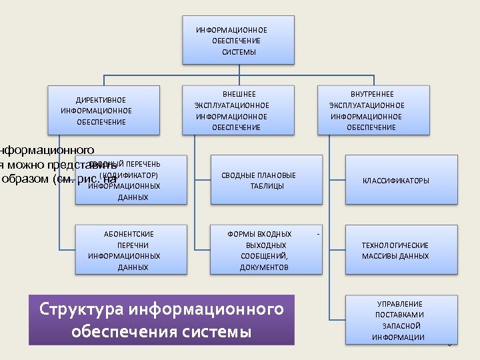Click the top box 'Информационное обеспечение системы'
(x=238, y=40)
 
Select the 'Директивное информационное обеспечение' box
(x=103, y=110)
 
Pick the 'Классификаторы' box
(x=401, y=180)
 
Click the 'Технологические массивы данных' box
(x=401, y=250)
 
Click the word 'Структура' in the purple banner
(x=81, y=309)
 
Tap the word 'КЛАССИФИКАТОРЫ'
(x=396, y=181)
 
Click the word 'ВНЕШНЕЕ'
(x=239, y=95)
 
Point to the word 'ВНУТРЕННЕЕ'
(x=372, y=95)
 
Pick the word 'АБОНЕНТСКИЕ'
(x=129, y=234)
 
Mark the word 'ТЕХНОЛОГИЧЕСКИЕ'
(x=395, y=245)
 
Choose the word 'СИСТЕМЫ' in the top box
(x=239, y=52)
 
